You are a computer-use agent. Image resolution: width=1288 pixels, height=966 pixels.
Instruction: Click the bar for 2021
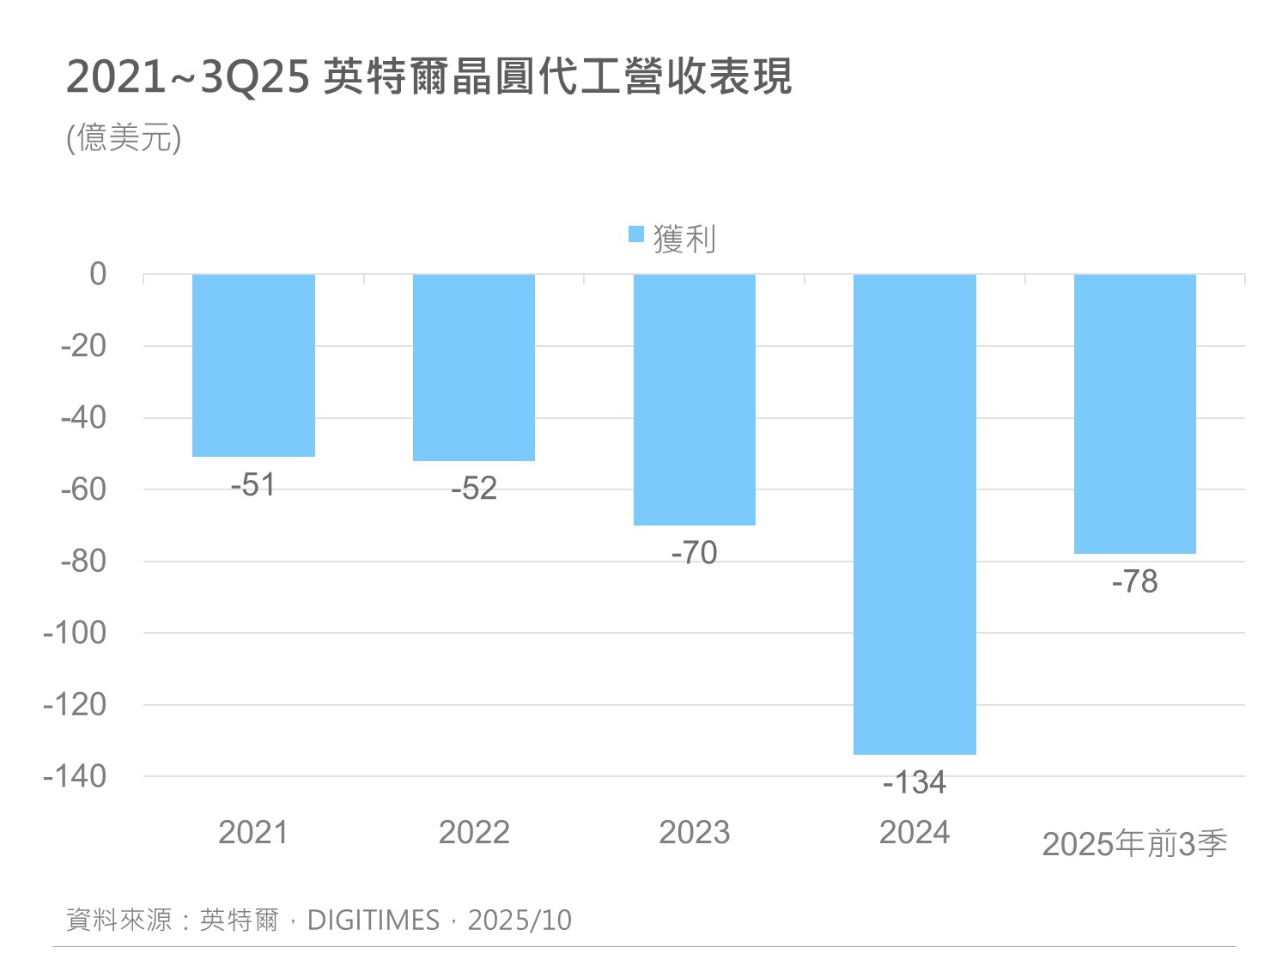[x=253, y=365]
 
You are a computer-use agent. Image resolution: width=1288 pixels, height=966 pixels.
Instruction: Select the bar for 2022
[x=474, y=368]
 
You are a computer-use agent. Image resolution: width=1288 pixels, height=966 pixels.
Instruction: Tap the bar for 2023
[x=695, y=399]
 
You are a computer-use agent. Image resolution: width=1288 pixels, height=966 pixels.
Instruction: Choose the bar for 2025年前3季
[x=1135, y=414]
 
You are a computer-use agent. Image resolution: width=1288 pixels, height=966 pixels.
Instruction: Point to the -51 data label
[x=252, y=485]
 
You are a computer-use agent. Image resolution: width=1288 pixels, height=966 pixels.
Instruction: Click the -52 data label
[x=474, y=489]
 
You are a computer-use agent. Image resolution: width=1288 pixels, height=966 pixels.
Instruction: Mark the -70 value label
[x=694, y=553]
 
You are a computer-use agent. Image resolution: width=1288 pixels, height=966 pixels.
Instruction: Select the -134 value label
[x=914, y=782]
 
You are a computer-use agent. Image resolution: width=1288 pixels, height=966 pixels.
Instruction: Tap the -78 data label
[x=1134, y=582]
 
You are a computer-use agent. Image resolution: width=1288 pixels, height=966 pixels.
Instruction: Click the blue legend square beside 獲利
[x=636, y=234]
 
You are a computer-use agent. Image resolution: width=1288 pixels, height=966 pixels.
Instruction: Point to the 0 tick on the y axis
[x=98, y=274]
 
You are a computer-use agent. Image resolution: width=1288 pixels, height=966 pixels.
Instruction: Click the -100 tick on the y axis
[x=76, y=633]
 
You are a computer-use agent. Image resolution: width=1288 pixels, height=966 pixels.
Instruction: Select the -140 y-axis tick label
[x=76, y=776]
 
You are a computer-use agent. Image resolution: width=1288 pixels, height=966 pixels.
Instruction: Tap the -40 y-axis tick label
[x=83, y=417]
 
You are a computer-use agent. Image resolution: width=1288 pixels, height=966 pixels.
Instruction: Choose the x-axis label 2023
[x=694, y=832]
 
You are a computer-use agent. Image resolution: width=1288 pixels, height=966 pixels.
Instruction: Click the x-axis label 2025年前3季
[x=1134, y=844]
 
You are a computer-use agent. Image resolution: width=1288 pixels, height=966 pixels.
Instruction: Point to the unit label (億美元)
[x=125, y=137]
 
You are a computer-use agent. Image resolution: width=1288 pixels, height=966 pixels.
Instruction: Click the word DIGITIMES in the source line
[x=374, y=920]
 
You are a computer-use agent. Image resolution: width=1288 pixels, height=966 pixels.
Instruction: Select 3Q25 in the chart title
[x=254, y=77]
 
